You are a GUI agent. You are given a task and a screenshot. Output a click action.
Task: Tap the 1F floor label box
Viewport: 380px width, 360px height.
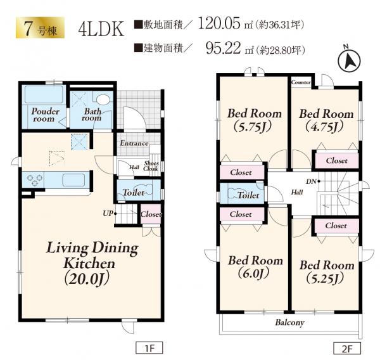[x=149, y=349]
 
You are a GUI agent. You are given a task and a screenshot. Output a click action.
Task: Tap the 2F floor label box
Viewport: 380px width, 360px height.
[x=347, y=349]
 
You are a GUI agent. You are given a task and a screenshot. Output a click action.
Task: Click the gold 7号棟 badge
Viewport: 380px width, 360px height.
[x=41, y=28]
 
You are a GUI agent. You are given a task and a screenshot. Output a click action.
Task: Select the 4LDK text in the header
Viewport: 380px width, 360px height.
[x=101, y=29]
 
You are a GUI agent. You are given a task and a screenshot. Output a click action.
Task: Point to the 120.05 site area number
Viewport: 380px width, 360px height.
[x=219, y=23]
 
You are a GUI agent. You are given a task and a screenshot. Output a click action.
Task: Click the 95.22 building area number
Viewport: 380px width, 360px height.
[x=223, y=48]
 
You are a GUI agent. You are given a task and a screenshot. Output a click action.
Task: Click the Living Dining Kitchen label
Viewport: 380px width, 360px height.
[x=92, y=263]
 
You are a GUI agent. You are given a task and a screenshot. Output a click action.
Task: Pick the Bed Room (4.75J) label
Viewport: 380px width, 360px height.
[x=326, y=120]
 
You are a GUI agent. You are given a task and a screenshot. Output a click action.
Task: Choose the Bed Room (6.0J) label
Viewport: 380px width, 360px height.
[x=255, y=267]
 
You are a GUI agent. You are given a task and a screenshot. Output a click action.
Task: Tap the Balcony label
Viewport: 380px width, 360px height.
[x=289, y=323]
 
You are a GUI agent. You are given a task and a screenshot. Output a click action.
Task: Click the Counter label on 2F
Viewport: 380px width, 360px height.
[x=301, y=82]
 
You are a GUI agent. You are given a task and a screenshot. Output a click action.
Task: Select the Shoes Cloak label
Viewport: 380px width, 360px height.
[x=151, y=166]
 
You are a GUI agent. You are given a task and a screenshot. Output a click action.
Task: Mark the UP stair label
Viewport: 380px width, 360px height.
[x=109, y=214]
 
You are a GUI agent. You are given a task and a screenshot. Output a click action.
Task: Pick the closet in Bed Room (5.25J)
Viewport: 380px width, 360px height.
[x=337, y=226]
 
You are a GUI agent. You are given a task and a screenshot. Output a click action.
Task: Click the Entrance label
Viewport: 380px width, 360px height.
[x=134, y=143]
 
